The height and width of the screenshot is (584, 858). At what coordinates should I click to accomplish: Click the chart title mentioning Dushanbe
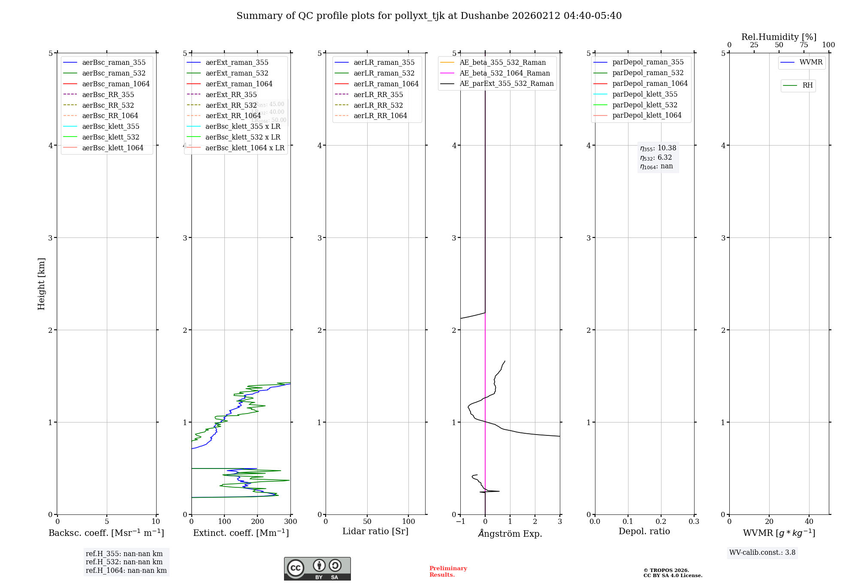429,16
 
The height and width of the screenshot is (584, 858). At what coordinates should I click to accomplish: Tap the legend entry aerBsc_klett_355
111,126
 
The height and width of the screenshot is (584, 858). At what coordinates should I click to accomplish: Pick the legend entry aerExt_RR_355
231,94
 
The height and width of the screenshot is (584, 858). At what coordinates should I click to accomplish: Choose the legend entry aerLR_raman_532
384,73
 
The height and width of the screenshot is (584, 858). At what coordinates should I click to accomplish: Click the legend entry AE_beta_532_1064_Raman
505,73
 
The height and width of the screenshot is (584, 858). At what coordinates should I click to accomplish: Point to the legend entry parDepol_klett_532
645,105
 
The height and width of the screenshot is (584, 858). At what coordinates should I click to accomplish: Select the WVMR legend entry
811,62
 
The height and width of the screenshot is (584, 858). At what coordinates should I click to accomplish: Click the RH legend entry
807,85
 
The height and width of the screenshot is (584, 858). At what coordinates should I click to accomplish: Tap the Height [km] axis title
41,283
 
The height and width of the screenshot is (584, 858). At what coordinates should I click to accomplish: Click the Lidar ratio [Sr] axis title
375,531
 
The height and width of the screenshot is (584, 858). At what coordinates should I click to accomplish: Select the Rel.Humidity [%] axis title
779,37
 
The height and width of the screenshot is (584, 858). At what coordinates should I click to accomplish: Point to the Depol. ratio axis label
644,531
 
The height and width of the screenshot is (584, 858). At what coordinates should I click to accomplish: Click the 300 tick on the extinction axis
290,522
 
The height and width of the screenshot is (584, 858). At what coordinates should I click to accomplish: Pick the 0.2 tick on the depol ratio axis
661,522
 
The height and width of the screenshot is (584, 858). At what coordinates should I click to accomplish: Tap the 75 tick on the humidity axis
804,45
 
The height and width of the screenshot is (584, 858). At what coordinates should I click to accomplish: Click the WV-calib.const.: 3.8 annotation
762,553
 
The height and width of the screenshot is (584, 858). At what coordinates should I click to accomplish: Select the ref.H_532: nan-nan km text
124,562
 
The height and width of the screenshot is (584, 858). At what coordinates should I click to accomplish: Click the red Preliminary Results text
448,572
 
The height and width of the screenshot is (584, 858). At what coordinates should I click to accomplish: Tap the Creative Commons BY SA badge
317,569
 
